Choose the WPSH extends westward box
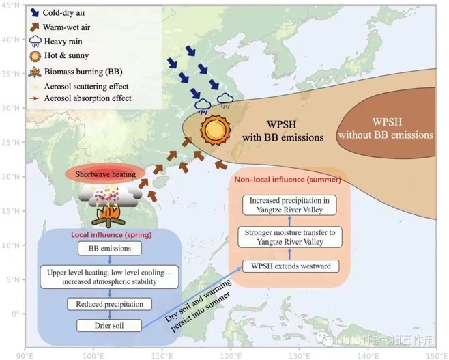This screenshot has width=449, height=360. (291, 265)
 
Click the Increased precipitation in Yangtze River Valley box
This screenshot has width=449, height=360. (291, 204)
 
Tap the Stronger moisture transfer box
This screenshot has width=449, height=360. (291, 237)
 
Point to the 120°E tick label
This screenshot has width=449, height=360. (231, 355)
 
